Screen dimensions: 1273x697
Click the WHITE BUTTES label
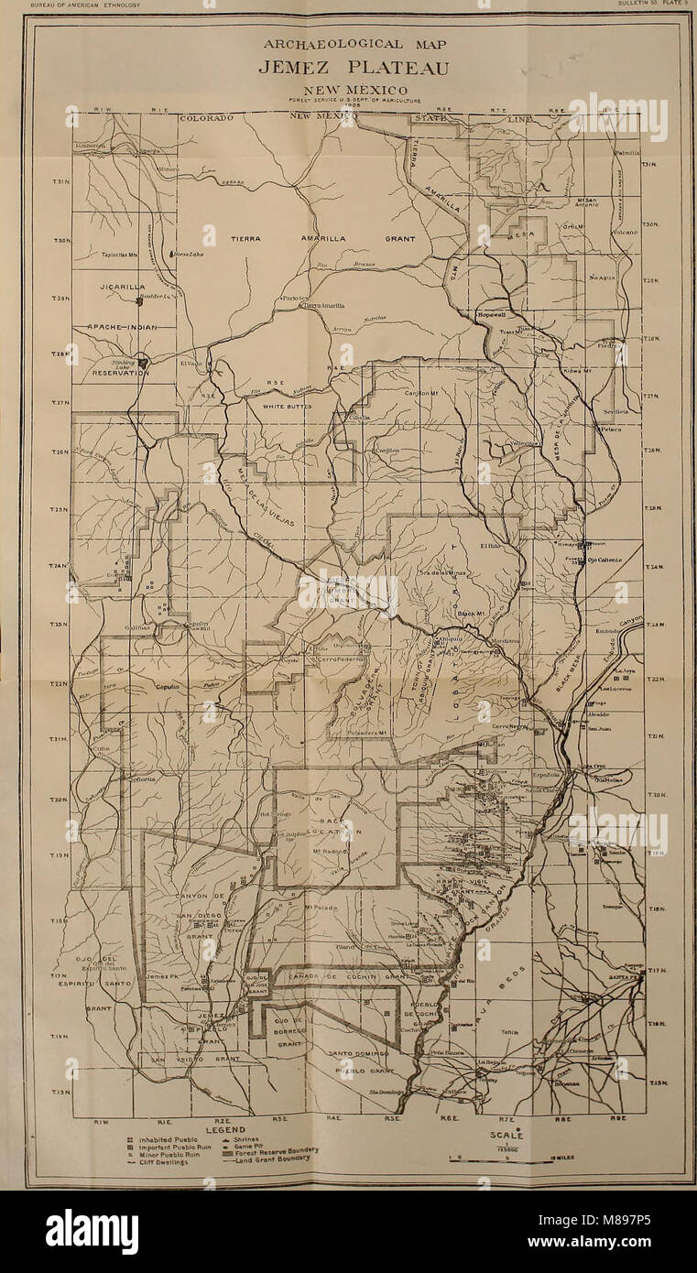pyautogui.click(x=288, y=406)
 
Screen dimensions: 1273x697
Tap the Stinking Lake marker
pyautogui.click(x=142, y=361)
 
